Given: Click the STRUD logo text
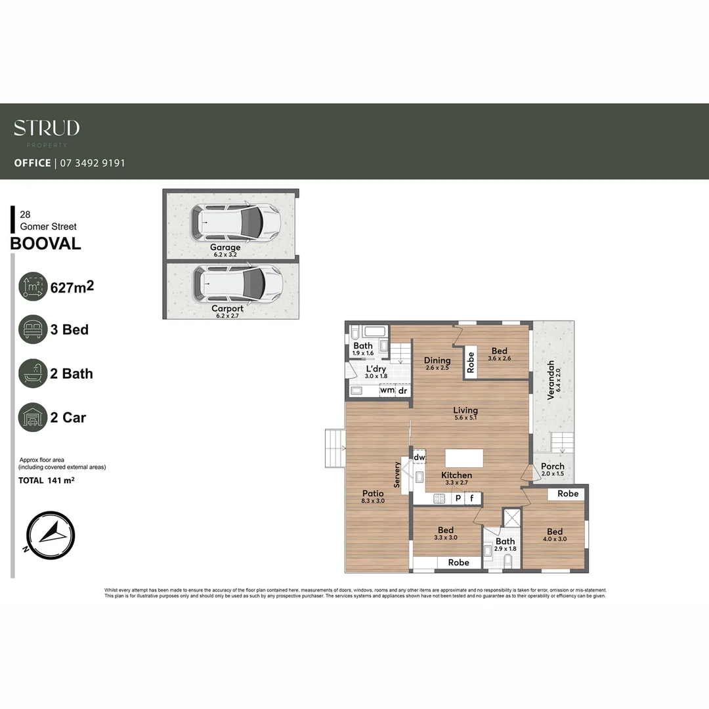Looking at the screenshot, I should [47, 128].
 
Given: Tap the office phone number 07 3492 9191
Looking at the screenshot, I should [93, 163].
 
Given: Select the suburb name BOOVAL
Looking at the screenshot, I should [46, 244].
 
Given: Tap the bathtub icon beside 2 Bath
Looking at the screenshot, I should [33, 374].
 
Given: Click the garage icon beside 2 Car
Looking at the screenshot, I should [33, 418].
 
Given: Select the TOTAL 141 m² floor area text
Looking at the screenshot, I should [46, 481].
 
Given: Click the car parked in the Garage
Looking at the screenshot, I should [236, 221].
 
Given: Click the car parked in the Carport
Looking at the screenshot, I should [237, 283].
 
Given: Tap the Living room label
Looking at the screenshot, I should [465, 410].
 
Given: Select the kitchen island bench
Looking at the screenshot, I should [464, 458].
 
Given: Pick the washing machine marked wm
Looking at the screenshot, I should [387, 391].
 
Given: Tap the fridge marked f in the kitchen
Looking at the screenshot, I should [472, 498].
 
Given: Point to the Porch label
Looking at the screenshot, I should [552, 466].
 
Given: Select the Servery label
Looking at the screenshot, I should [397, 474].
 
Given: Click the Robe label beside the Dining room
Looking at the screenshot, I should [471, 363].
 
